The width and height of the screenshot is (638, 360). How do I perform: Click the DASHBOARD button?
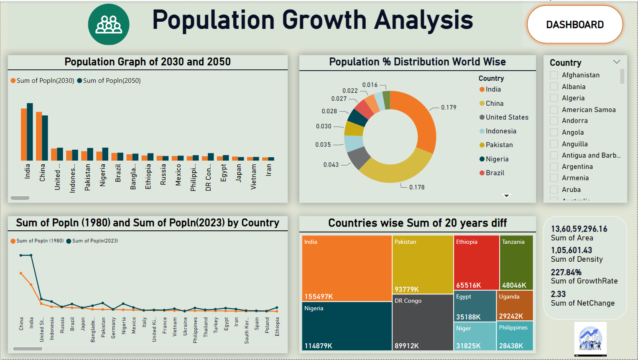pyautogui.click(x=575, y=25)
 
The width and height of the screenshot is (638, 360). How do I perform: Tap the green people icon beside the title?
pyautogui.click(x=109, y=24)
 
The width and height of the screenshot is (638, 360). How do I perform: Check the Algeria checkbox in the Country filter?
pyautogui.click(x=554, y=98)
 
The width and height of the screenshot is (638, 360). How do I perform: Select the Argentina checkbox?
pyautogui.click(x=554, y=166)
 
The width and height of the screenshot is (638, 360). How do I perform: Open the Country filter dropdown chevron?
pyautogui.click(x=616, y=62)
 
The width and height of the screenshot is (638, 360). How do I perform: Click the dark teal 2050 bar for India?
pyautogui.click(x=30, y=132)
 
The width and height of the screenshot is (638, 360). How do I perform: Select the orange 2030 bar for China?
pyautogui.click(x=39, y=136)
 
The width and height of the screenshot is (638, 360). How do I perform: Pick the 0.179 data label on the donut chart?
pyautogui.click(x=449, y=107)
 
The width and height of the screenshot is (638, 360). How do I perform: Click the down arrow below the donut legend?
pyautogui.click(x=507, y=195)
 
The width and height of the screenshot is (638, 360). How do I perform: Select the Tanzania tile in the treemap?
pyautogui.click(x=516, y=262)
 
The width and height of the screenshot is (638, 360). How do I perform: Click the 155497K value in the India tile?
pyautogui.click(x=319, y=296)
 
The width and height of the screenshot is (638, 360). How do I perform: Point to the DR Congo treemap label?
pyautogui.click(x=408, y=301)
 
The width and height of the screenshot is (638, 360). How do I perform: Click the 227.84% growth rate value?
pyautogui.click(x=566, y=272)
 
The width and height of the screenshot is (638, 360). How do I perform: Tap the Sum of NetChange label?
pyautogui.click(x=582, y=303)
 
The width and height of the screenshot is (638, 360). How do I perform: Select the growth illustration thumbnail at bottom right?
pyautogui.click(x=590, y=339)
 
